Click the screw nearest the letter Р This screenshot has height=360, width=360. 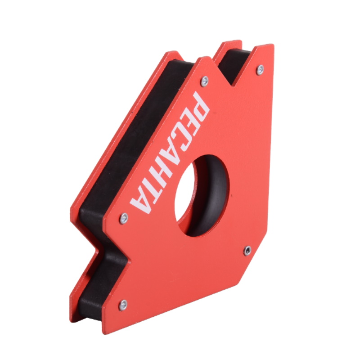pos(204,81)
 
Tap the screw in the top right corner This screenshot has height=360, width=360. pos(260,70)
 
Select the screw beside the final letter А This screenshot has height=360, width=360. pos(124,218)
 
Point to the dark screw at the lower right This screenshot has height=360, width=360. pos(247,251)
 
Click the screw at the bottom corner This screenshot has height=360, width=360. pos(123,306)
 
